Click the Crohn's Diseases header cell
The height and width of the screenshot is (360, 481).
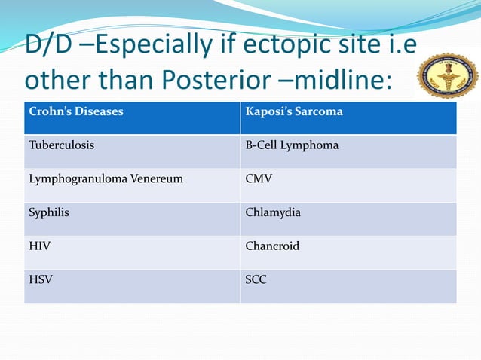click(x=132, y=117)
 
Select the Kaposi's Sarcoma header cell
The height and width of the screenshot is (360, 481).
click(x=348, y=117)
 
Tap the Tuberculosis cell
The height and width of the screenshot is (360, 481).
click(x=132, y=151)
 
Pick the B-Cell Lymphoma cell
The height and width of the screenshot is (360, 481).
click(x=348, y=151)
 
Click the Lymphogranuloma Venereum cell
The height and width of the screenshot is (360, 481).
click(x=132, y=185)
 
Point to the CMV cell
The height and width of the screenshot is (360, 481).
click(x=348, y=185)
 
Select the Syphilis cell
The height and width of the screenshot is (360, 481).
click(x=132, y=219)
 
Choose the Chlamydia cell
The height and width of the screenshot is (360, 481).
click(x=348, y=219)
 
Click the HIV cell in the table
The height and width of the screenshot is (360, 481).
click(x=132, y=252)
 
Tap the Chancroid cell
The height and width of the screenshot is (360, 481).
click(x=348, y=252)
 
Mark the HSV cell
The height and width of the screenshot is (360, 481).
click(x=132, y=286)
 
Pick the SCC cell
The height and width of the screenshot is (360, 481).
click(x=348, y=286)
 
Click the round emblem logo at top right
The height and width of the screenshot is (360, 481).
click(x=448, y=75)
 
